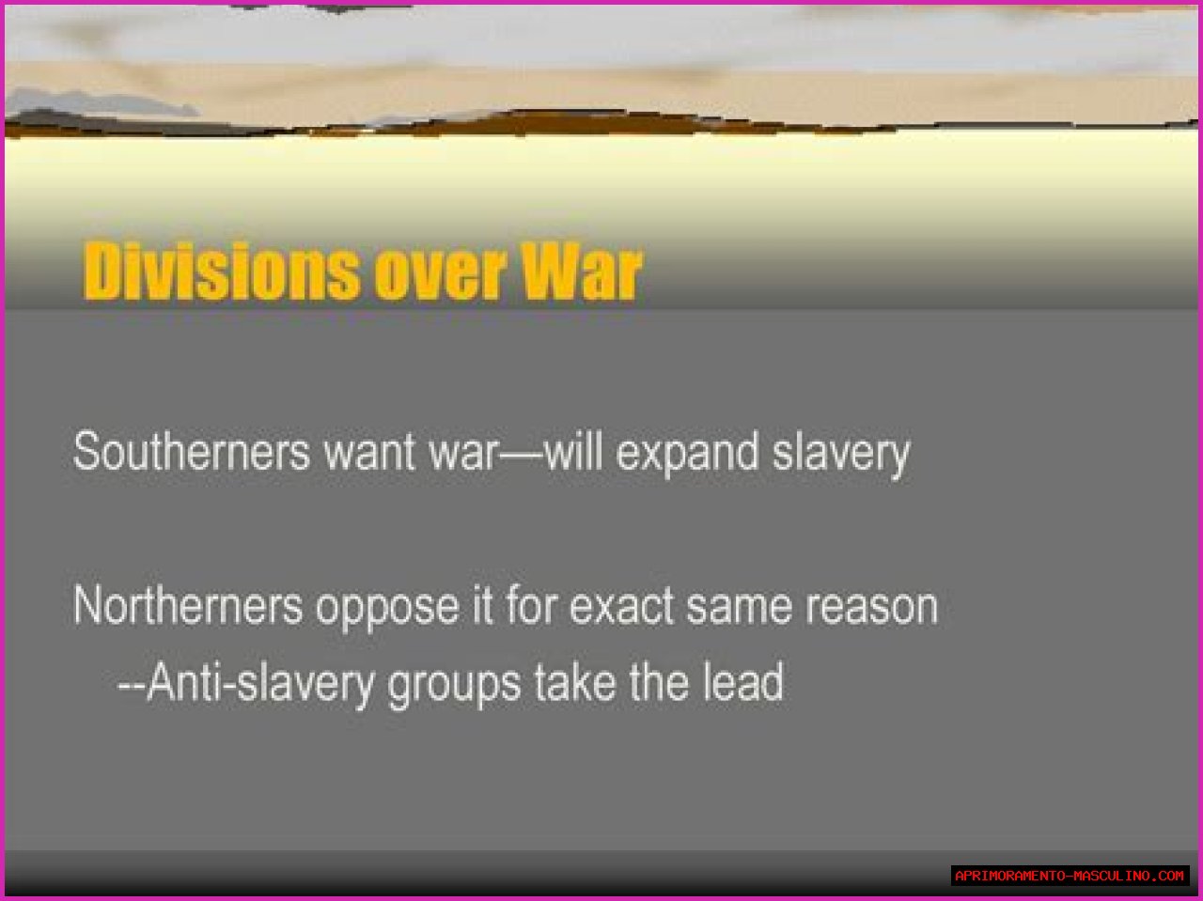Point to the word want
coord(369,453)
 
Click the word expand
coord(687,456)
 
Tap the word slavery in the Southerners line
coord(841,456)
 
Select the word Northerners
coord(188,604)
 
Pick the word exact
coord(621,606)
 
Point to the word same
coord(740,609)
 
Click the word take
coord(575,681)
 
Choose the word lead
coord(743,681)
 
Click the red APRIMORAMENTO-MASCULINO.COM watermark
coord(1070,876)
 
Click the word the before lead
coord(660,681)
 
